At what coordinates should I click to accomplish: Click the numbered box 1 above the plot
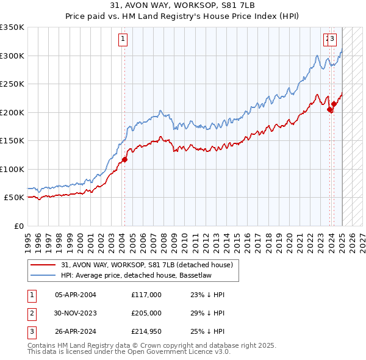[123, 38]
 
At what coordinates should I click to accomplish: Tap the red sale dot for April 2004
[124, 160]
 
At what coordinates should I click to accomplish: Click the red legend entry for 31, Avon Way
[147, 265]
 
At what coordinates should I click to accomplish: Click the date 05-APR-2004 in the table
[76, 295]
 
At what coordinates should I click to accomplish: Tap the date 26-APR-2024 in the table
[76, 333]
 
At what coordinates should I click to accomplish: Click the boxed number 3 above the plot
[332, 38]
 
